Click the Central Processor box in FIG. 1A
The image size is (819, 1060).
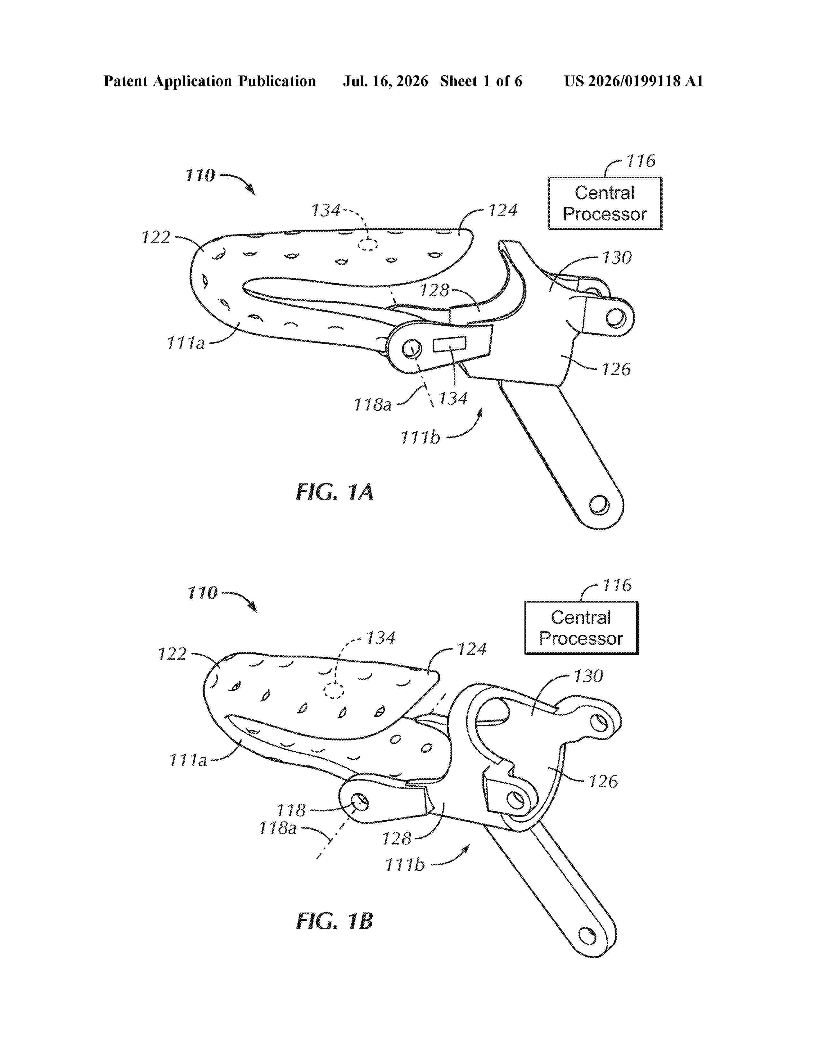(x=605, y=203)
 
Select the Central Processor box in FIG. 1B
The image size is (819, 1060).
(x=581, y=628)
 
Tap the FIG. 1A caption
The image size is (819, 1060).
(x=335, y=492)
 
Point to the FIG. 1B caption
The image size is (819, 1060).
(x=335, y=921)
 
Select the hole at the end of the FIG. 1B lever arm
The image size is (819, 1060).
(x=588, y=935)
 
